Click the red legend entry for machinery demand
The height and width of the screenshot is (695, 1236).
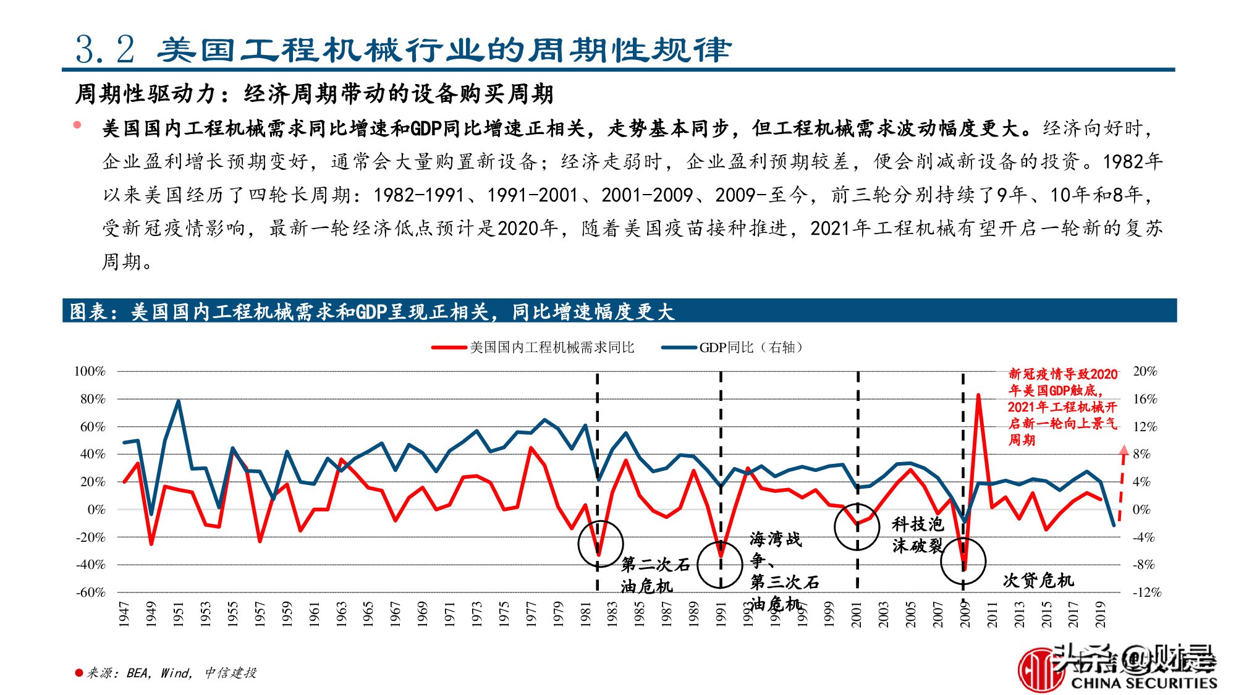click(533, 347)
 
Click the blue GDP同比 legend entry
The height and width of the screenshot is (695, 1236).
click(732, 347)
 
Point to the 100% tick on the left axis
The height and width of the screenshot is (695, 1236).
click(90, 371)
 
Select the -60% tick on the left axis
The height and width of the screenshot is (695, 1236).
click(90, 592)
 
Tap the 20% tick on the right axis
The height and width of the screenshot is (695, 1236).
click(1145, 371)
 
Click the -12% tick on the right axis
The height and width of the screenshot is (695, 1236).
click(1146, 592)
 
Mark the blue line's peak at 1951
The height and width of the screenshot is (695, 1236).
click(179, 401)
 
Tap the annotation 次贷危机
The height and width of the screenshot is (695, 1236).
click(1038, 580)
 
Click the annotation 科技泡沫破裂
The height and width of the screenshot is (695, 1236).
click(917, 535)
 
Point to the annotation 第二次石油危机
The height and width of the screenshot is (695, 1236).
click(654, 575)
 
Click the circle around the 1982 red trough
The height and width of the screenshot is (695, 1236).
click(600, 544)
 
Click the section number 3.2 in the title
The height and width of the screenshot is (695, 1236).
click(105, 49)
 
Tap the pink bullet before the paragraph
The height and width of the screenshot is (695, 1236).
click(77, 125)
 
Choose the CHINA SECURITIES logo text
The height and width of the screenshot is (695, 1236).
click(1143, 683)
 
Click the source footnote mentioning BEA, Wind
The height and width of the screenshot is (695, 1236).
click(167, 673)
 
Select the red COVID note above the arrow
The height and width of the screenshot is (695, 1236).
click(1062, 406)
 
